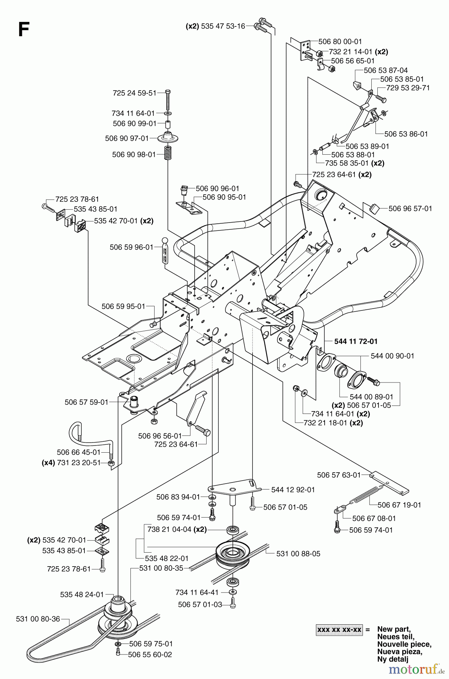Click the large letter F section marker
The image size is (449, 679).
pos(23,30)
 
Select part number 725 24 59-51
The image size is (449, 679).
pos(134,93)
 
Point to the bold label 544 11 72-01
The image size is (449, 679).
pos(356,341)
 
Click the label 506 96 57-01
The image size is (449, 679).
pos(410,208)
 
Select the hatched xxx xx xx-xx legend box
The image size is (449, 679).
pos(339,630)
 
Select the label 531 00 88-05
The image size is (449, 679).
pos(298,553)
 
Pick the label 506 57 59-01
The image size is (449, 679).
pos(86,402)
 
